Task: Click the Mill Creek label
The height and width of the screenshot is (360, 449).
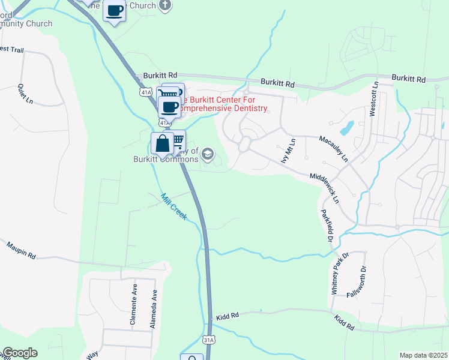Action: tap(173, 206)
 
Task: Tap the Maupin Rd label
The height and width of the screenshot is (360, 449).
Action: tap(22, 251)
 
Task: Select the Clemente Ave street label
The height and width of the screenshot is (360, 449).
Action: tap(134, 308)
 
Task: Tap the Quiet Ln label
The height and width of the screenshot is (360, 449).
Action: tap(25, 94)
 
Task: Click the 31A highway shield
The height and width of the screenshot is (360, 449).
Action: tap(208, 339)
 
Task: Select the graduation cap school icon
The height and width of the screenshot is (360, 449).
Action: tap(208, 154)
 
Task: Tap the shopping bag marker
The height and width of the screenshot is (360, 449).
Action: tap(162, 144)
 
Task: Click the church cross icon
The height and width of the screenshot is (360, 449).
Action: tap(165, 5)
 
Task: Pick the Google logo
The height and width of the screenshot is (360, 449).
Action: tap(20, 353)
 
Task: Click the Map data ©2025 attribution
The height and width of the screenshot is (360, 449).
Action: tap(423, 355)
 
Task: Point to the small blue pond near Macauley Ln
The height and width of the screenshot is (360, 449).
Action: tap(346, 128)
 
